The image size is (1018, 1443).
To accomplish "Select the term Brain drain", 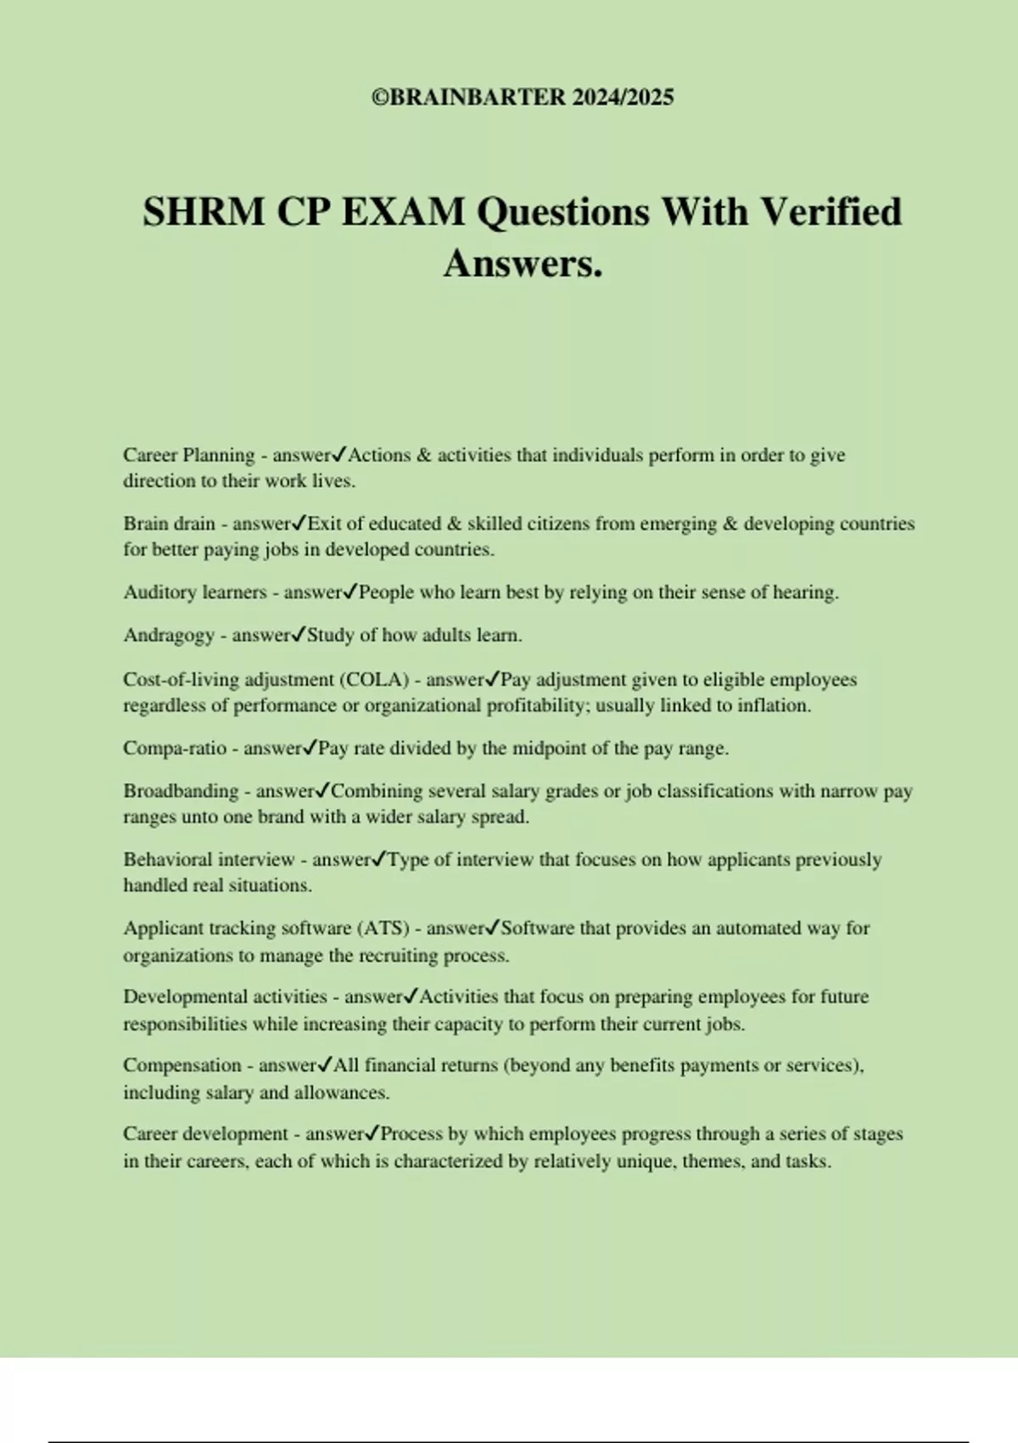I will coord(169,524).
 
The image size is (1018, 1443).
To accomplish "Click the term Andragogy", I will coord(169,636).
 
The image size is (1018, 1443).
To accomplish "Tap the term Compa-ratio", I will coord(175,749).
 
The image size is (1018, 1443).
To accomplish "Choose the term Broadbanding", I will coord(181,791).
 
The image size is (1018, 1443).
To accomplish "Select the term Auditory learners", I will coord(195,592).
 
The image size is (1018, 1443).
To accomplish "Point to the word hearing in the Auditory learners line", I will coord(804,592).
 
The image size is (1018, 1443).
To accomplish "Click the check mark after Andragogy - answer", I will coord(299,635).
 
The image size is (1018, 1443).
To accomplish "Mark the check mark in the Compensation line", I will coord(325,1065).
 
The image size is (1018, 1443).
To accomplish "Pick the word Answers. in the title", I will coord(523,263).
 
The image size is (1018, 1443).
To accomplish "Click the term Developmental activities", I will coord(225,997).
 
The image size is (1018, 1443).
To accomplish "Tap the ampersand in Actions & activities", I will coord(424,455).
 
